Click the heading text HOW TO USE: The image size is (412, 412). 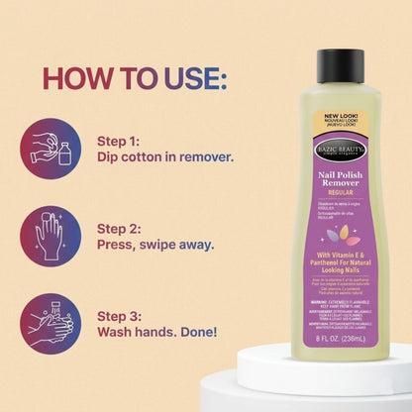pos(135,76)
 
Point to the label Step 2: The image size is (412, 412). pos(121,227)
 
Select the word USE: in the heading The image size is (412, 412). pos(193,76)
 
